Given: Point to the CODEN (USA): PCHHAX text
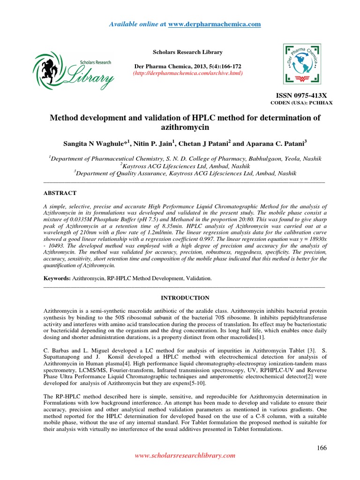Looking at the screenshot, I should [x=302, y=103].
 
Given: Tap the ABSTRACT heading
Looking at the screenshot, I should [x=60, y=193].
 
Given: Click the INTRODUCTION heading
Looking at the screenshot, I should [x=185, y=298].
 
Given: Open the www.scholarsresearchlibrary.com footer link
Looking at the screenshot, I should [x=185, y=455].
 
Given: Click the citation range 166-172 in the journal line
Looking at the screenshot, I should [x=225, y=66].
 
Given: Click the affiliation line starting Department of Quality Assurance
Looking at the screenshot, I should [x=185, y=173].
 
